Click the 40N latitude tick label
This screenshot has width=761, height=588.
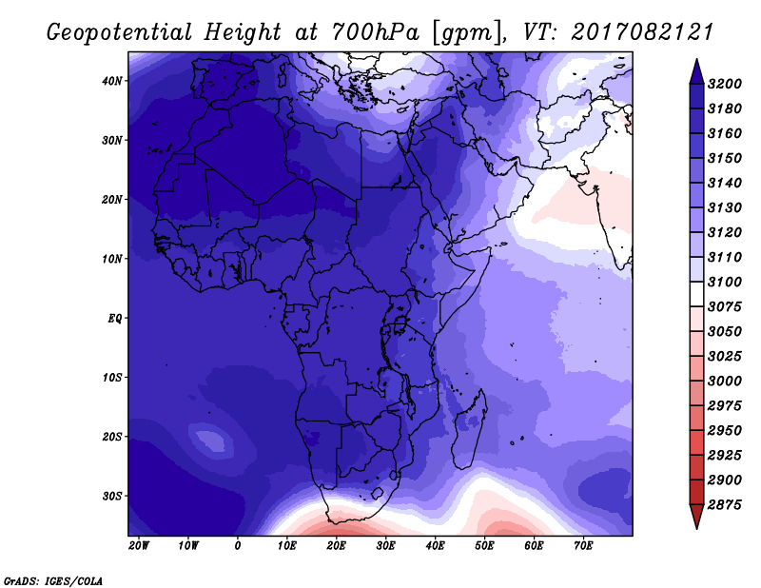coord(111,81)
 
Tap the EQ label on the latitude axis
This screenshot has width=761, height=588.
coord(115,319)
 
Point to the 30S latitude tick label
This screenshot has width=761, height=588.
coord(112,497)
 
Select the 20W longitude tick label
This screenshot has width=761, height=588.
coord(139,546)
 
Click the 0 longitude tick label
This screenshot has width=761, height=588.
coord(237,546)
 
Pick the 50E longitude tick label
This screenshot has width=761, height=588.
coord(484,546)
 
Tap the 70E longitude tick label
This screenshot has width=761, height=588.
coord(583,546)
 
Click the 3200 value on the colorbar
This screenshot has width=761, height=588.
coord(725,84)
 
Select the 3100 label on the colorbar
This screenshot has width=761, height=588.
coord(725,282)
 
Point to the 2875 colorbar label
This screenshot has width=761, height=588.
coord(725,505)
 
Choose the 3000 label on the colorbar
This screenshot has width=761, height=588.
coord(725,382)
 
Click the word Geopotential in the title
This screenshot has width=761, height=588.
coord(119,33)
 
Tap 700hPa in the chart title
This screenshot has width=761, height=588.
coord(375,32)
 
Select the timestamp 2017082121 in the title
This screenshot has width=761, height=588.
coord(641,32)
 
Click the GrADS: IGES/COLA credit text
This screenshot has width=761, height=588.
coord(53,581)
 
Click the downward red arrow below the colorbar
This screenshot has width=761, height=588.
coord(696,517)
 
